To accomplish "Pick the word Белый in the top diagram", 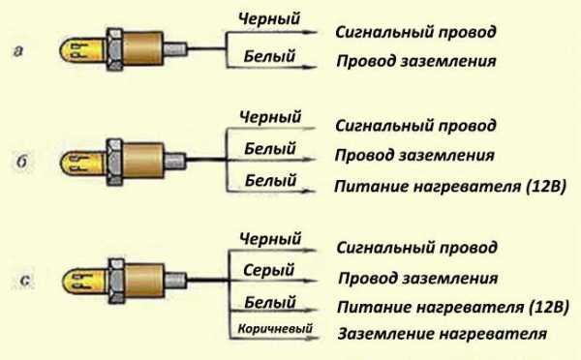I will [265, 57].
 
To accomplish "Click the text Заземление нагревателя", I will [442, 335].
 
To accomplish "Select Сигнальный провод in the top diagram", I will [416, 31].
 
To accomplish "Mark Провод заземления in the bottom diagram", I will [417, 278].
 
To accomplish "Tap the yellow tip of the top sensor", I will [76, 45].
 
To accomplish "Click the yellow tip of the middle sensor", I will [76, 155].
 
